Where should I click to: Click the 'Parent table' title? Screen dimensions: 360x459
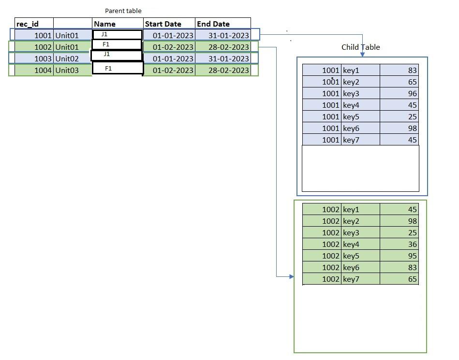point(123,11)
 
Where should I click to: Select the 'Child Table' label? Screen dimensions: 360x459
point(360,47)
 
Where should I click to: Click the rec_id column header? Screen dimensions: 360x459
point(28,24)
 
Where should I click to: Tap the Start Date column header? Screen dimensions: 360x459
point(163,24)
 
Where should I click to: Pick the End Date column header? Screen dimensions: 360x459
point(213,24)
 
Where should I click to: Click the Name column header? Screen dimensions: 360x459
point(104,24)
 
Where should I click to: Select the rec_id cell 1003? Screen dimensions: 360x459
point(43,58)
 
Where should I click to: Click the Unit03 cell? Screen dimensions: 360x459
point(67,70)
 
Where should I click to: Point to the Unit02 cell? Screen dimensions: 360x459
point(67,58)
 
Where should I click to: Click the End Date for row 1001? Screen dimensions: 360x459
point(228,35)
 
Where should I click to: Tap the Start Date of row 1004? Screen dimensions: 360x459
point(173,70)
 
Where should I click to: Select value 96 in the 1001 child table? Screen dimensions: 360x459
point(412,93)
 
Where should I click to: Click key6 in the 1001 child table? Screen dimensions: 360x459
point(351,128)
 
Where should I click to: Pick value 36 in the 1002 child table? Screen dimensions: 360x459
point(412,244)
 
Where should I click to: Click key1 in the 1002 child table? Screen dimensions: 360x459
point(351,209)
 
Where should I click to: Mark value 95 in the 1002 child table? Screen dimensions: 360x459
point(412,256)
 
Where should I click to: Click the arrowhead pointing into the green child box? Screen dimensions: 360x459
point(291,276)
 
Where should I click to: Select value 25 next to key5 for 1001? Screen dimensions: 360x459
point(412,116)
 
